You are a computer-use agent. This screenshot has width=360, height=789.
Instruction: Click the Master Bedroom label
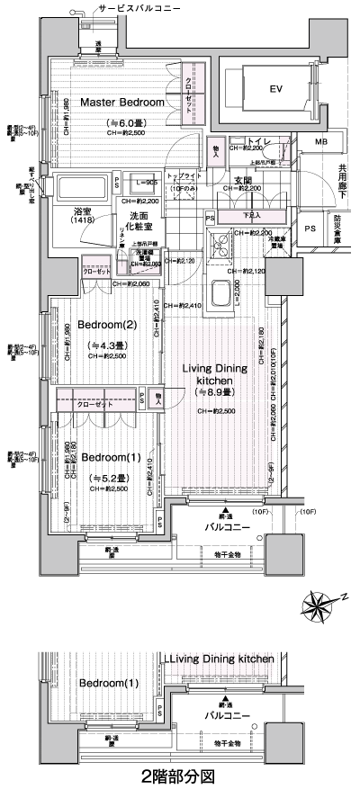click(x=122, y=103)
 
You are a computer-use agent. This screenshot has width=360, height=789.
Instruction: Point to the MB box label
click(x=321, y=143)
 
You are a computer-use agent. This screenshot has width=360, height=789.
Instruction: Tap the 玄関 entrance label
click(x=243, y=180)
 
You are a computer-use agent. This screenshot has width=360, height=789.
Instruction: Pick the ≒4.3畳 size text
click(x=106, y=345)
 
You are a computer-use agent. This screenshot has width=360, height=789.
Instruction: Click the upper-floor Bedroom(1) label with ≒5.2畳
click(x=110, y=457)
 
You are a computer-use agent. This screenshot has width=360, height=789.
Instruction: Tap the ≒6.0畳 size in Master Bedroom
click(x=122, y=122)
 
